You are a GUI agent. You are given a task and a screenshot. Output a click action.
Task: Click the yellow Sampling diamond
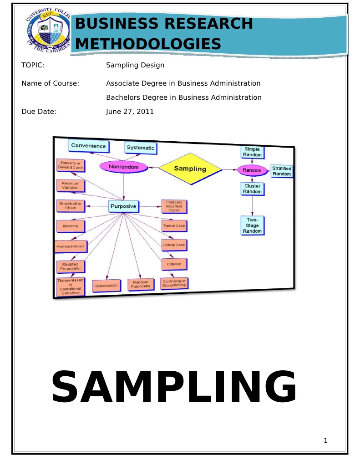click(190, 169)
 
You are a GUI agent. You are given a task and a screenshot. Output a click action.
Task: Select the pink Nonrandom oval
click(123, 167)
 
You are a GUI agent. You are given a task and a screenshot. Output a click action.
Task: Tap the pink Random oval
click(252, 170)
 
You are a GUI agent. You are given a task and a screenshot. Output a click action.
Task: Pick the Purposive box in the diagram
click(123, 206)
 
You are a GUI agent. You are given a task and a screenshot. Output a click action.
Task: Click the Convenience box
click(89, 146)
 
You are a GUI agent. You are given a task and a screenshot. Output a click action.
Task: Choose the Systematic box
click(140, 148)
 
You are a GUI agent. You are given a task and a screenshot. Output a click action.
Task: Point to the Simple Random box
click(253, 152)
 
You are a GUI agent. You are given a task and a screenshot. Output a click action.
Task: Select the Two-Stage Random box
click(252, 225)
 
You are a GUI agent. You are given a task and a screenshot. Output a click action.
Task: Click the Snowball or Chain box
click(71, 206)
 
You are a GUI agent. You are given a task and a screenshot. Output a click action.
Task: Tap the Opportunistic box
click(106, 286)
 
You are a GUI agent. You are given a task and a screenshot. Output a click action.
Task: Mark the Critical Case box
click(174, 245)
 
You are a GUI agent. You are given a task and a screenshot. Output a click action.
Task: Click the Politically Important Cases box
click(174, 206)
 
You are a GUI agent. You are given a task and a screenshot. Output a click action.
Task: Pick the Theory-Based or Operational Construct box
click(70, 287)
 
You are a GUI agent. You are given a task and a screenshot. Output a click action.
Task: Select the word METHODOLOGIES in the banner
click(148, 44)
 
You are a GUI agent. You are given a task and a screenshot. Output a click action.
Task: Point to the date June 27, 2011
click(130, 111)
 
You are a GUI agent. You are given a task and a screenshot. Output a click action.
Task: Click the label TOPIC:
click(33, 65)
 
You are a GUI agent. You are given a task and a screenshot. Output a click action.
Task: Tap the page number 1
click(325, 440)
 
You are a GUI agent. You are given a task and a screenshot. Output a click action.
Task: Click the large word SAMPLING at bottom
click(174, 386)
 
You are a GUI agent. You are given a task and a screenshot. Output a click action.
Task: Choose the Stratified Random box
click(282, 171)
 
